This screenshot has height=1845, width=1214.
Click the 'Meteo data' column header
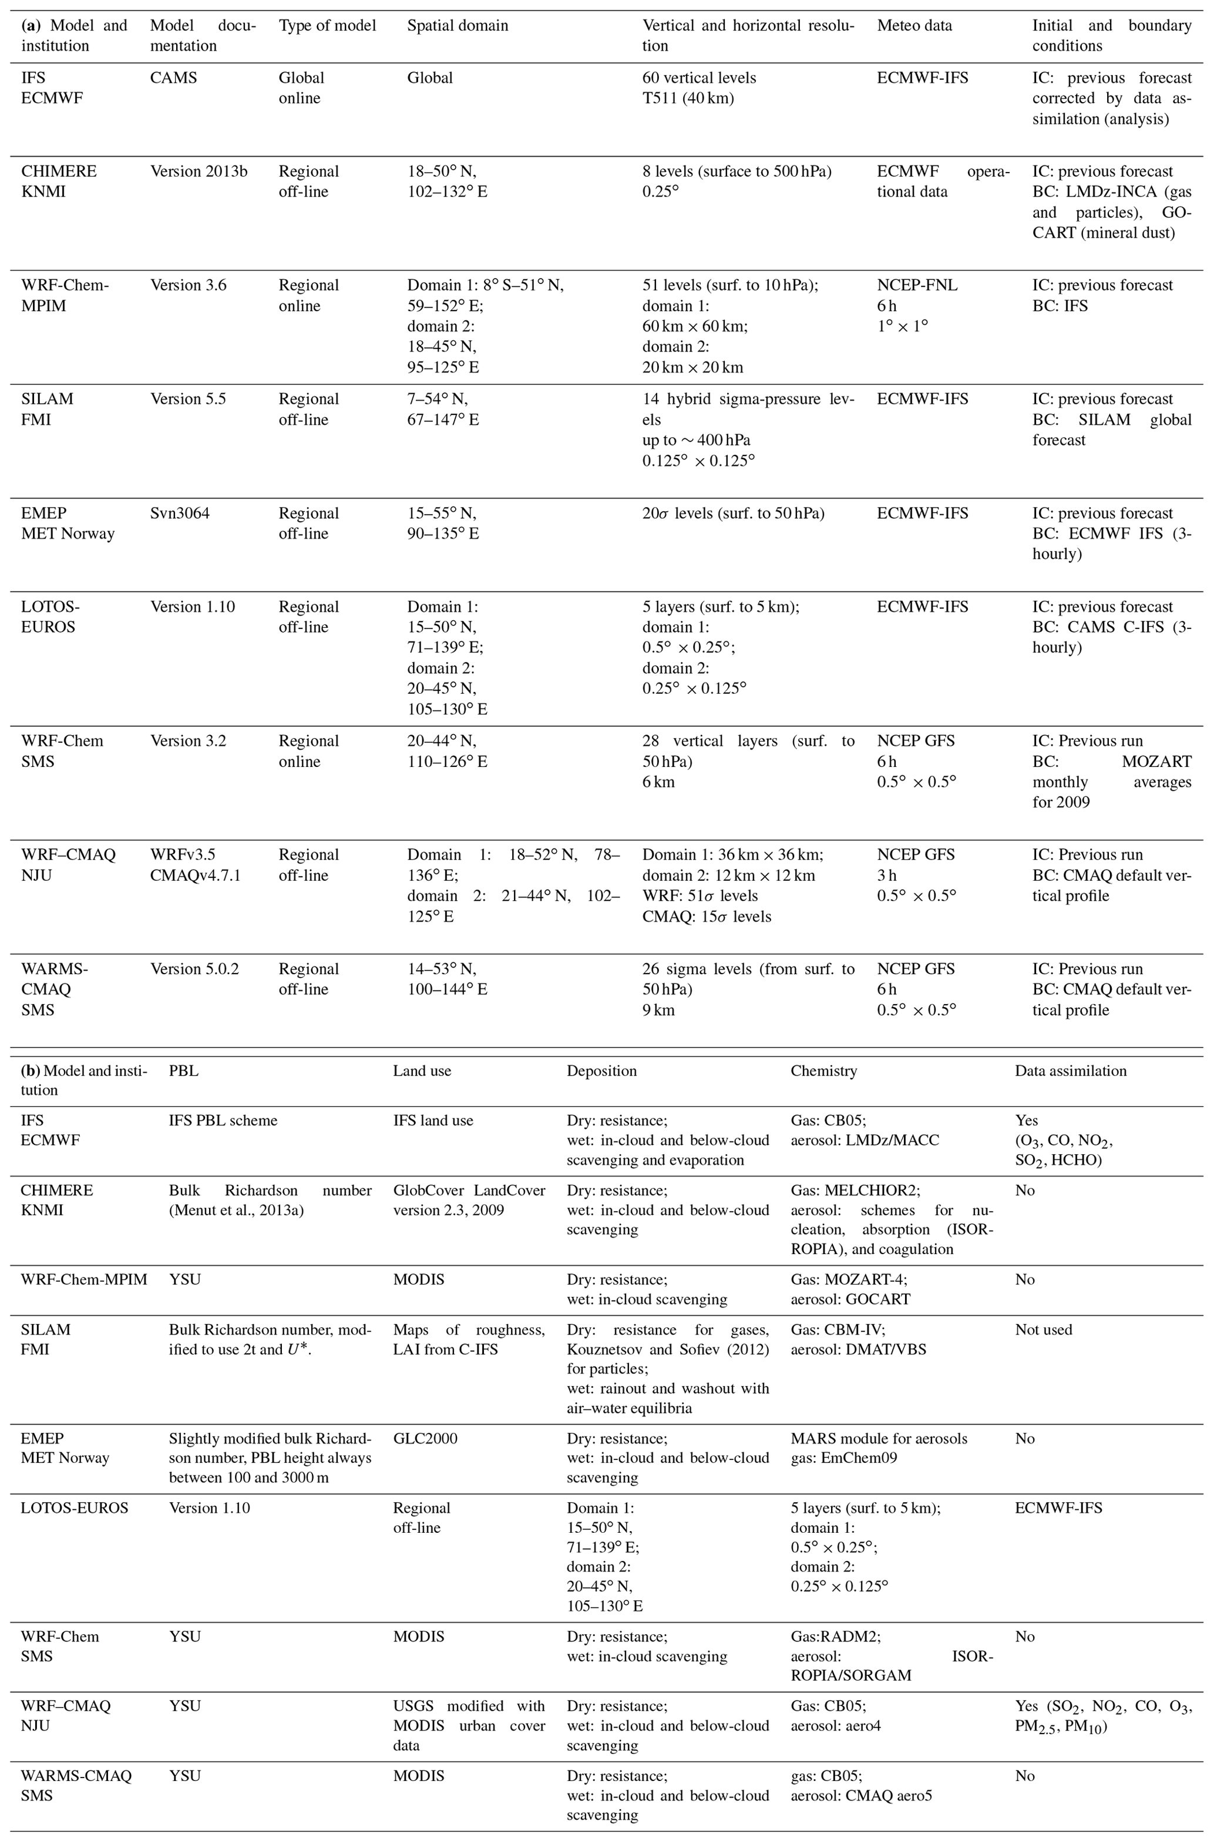tap(914, 26)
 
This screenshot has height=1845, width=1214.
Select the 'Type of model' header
tap(327, 26)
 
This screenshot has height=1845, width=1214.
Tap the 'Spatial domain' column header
tap(458, 26)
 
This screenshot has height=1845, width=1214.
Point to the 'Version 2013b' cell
tap(199, 171)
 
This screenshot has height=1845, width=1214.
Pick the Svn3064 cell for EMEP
tap(180, 513)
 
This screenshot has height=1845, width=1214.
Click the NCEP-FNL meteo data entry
tap(917, 285)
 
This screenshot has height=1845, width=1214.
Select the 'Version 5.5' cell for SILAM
tap(188, 399)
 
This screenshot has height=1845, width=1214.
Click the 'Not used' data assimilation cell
tap(1043, 1330)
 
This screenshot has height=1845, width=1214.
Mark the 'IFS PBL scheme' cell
tap(223, 1120)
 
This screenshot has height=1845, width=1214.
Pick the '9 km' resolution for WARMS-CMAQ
tap(658, 1010)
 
